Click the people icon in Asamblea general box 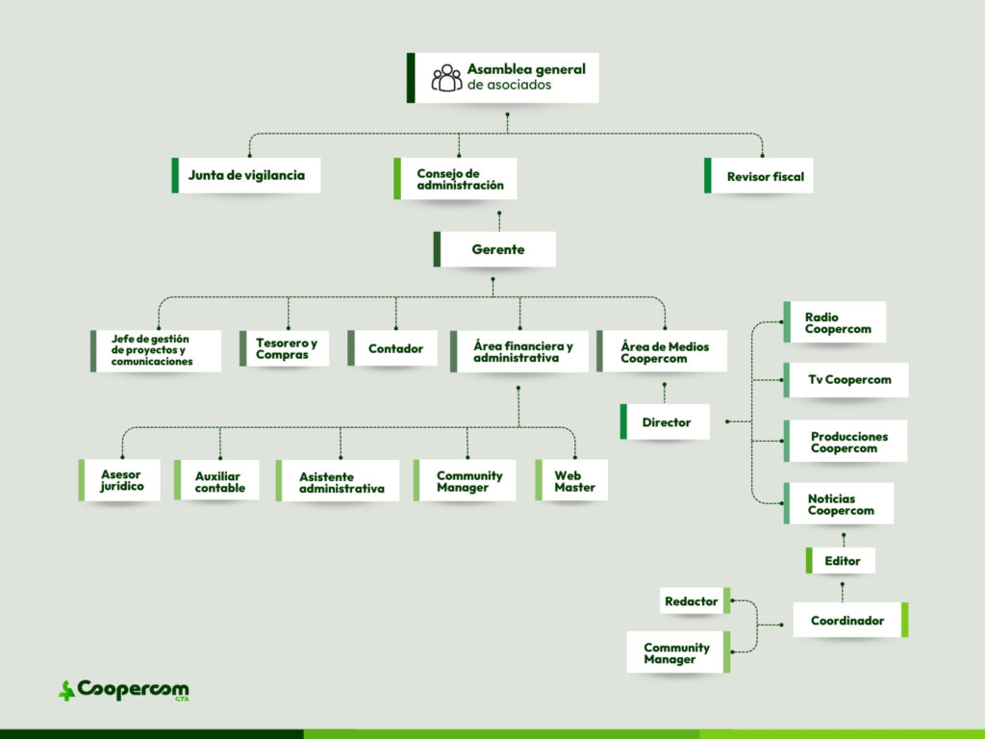coord(446,78)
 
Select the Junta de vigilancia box coord(246,175)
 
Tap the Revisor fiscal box coord(759,176)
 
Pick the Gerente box coord(495,249)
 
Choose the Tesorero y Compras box coord(285,348)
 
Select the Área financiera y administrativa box coord(519,351)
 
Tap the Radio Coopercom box coord(834,322)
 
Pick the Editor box coord(842,561)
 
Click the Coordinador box coord(849,621)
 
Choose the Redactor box coord(694,601)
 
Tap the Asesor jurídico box coord(120,480)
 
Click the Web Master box coord(572,480)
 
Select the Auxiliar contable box coord(218,480)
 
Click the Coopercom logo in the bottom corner coord(123,690)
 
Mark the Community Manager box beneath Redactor coord(678,653)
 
